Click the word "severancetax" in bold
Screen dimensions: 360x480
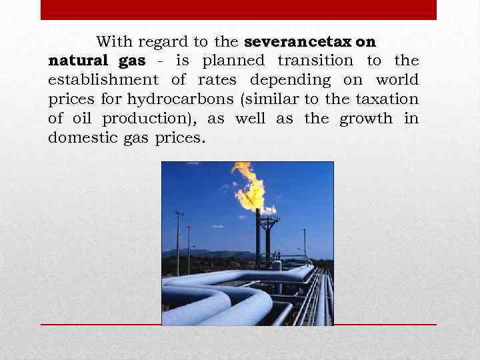(x=299, y=42)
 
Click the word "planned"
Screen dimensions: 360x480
(x=233, y=61)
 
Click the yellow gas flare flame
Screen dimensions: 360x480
(x=251, y=187)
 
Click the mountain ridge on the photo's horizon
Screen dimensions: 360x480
(x=200, y=253)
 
